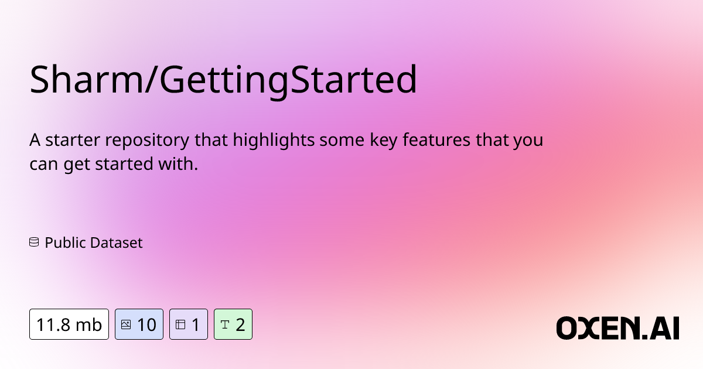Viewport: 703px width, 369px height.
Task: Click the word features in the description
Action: (x=428, y=141)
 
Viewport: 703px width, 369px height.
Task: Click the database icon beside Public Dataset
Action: (x=34, y=242)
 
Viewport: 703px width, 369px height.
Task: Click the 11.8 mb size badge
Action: (x=69, y=324)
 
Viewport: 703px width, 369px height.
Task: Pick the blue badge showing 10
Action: (x=139, y=324)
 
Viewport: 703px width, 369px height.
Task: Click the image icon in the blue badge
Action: (x=125, y=324)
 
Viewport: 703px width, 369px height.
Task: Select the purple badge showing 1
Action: (x=189, y=324)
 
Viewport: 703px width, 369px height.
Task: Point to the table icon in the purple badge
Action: (x=180, y=324)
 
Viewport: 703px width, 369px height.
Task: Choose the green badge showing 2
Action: (x=233, y=324)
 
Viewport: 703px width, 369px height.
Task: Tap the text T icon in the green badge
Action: (x=225, y=324)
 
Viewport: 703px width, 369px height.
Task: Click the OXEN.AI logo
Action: (x=617, y=327)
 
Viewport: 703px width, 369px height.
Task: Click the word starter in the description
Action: (x=70, y=141)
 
